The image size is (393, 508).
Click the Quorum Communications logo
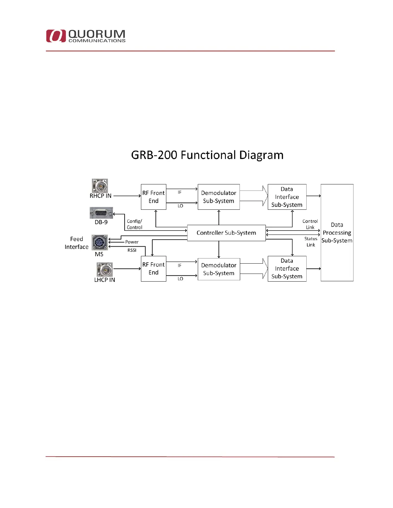86,36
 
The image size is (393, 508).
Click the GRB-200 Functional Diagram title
207,155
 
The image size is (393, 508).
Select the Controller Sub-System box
226,233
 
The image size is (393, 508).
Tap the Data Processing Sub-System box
337,233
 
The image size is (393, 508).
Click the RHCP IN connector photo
100,186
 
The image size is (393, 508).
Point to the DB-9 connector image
101,213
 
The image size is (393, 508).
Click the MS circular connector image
100,242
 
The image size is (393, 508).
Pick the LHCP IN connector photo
105,269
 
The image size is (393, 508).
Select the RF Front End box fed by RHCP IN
153,197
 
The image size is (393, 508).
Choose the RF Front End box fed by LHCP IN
153,269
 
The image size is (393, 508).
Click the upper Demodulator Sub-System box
219,197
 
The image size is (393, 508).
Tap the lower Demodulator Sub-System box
219,269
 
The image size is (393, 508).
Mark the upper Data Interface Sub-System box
287,197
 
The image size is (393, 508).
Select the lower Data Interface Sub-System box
287,269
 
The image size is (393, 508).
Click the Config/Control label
135,224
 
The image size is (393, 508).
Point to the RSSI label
132,250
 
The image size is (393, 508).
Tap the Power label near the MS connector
132,242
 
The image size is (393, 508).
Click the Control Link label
310,224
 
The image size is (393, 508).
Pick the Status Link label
311,242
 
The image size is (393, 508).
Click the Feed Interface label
76,243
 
